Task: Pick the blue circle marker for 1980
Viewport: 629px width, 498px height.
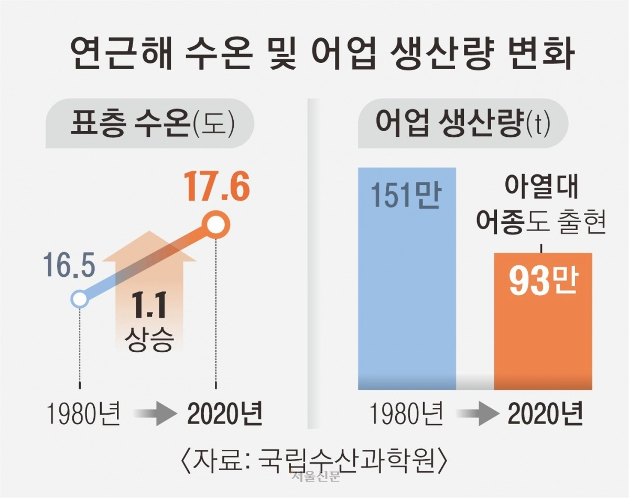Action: click(79, 299)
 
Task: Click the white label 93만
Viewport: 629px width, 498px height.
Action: click(543, 282)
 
